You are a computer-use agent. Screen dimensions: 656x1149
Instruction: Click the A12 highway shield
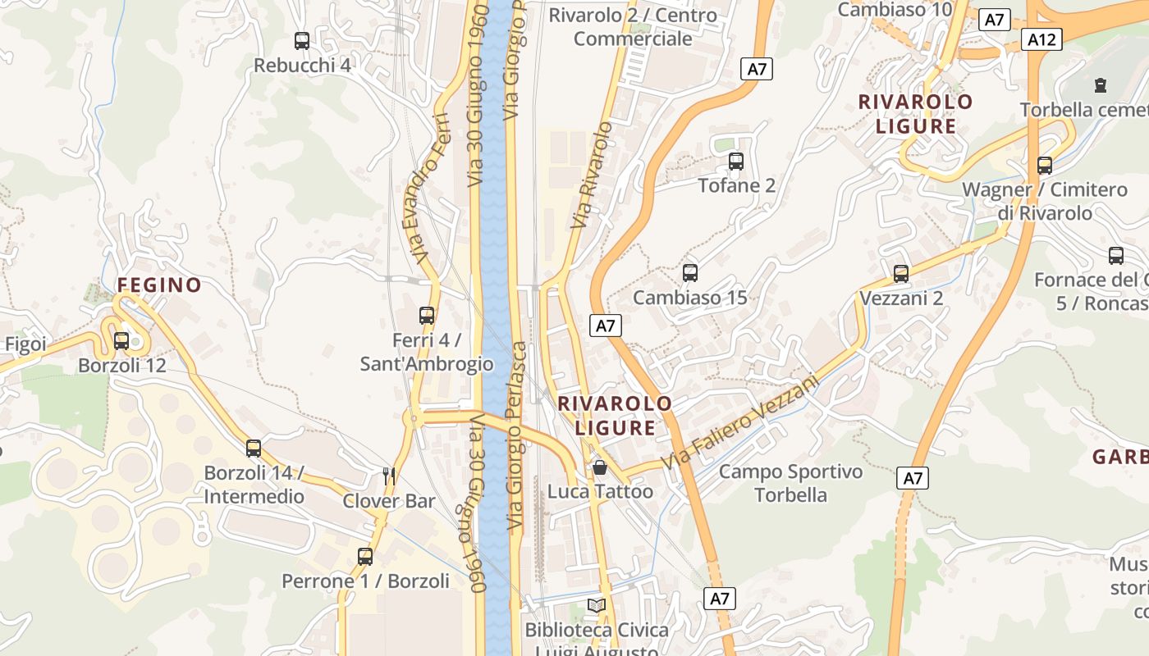click(1042, 39)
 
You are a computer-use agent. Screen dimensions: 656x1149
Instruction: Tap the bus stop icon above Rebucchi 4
click(302, 40)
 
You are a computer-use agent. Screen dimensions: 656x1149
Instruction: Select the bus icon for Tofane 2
click(736, 161)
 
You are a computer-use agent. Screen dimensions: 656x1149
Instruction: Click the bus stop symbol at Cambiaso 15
click(690, 272)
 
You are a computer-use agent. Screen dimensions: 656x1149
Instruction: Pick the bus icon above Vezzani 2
click(901, 273)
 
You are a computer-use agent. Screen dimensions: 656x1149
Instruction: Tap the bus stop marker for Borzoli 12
click(121, 340)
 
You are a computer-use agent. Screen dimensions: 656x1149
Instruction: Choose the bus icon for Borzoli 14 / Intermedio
click(254, 448)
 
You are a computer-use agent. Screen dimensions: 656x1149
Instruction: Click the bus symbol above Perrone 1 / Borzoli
click(365, 556)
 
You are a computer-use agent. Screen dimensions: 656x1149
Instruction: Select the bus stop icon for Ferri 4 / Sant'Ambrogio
click(427, 315)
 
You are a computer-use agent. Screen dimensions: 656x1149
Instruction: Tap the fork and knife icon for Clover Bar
click(390, 475)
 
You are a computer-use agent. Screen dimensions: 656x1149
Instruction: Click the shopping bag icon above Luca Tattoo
click(600, 467)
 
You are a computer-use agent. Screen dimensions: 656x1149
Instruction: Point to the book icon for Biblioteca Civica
click(597, 605)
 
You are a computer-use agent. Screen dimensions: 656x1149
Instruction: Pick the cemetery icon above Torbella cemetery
click(1100, 84)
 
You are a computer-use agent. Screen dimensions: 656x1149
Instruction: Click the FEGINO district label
click(159, 285)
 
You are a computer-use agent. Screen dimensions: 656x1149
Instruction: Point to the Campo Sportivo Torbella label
click(790, 483)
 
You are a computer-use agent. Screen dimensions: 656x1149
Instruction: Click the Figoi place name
click(25, 344)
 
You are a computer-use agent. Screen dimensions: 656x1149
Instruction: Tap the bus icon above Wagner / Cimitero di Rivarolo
click(1045, 165)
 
